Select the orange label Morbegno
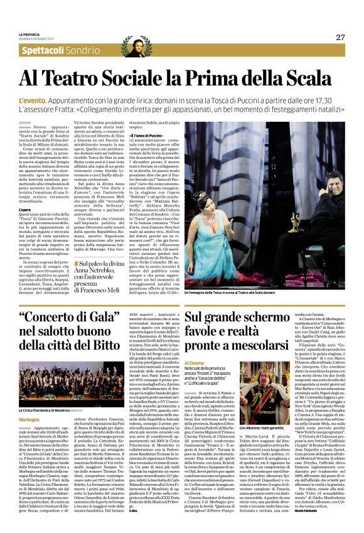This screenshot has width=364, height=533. click(29, 401)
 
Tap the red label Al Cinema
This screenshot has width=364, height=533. click(195, 362)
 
